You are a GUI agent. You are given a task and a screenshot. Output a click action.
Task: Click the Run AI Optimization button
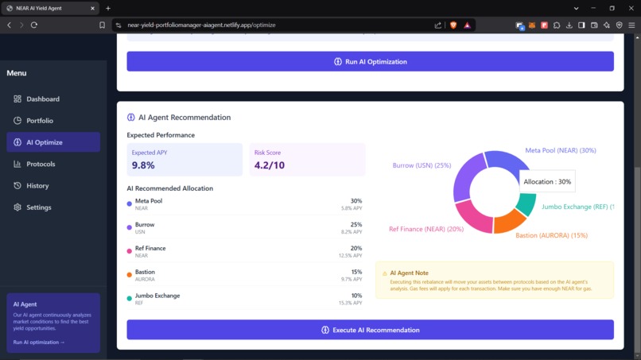click(370, 62)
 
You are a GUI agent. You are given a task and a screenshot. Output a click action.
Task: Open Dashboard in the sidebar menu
click(43, 99)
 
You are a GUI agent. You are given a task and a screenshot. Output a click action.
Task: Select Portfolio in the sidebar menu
click(40, 121)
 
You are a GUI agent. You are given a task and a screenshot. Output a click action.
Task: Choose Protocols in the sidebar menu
click(41, 164)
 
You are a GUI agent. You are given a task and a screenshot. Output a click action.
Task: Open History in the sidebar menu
click(37, 186)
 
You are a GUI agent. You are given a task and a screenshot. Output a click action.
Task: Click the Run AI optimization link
click(39, 343)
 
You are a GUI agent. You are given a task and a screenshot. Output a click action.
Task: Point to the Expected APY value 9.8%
click(143, 165)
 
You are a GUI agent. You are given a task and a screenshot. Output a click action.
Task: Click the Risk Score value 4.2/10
click(269, 165)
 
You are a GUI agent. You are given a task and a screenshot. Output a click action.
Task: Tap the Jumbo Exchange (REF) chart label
click(577, 207)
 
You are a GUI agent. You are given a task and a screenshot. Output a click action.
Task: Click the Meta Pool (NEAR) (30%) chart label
click(560, 150)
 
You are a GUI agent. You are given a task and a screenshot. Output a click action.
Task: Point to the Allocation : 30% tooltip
click(547, 182)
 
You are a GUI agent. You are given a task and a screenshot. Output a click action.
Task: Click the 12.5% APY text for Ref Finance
click(350, 255)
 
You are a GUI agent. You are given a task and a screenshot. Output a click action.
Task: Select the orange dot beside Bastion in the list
click(130, 275)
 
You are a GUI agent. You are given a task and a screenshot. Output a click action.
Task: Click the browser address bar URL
click(201, 25)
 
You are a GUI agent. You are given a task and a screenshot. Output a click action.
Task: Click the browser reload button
click(34, 25)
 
